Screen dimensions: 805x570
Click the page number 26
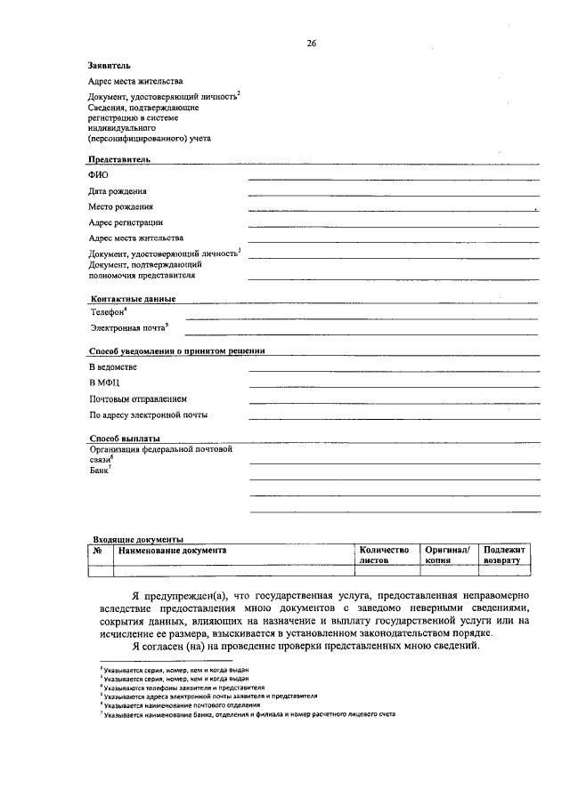[312, 42]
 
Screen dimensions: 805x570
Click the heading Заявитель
[110, 65]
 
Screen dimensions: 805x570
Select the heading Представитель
[118, 159]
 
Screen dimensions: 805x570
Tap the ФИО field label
[98, 175]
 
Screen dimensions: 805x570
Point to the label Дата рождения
[118, 191]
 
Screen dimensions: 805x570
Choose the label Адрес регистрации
[126, 222]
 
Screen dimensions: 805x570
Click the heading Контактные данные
[133, 299]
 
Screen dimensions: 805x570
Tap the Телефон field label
[108, 313]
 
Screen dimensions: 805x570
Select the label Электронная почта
[128, 329]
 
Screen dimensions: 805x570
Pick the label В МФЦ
[105, 382]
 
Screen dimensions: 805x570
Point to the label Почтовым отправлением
[137, 398]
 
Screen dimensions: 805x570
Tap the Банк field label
[99, 471]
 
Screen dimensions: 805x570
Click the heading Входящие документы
[138, 539]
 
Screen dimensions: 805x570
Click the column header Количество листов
[383, 556]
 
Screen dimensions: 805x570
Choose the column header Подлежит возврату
[505, 556]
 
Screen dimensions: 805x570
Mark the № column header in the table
[98, 551]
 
